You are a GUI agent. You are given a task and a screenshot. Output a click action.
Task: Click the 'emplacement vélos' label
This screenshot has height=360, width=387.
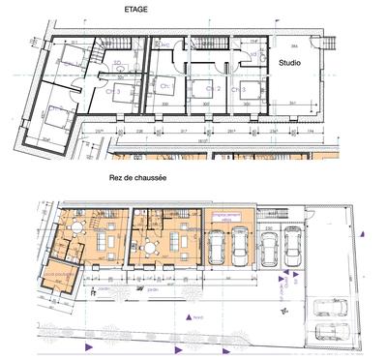tap(225, 219)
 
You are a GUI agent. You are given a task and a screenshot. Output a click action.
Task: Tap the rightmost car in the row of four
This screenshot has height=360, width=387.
tap(292, 249)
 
